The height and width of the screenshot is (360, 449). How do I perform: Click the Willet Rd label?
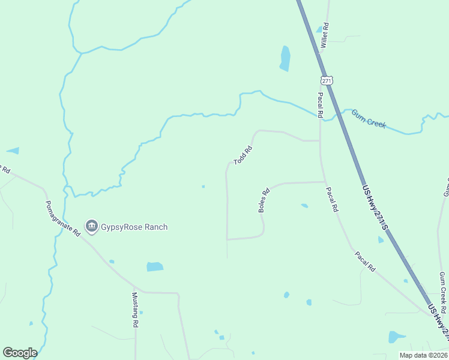(x=325, y=35)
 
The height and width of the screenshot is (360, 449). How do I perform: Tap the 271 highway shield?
(x=326, y=80)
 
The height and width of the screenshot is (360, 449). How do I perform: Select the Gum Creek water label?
(x=368, y=119)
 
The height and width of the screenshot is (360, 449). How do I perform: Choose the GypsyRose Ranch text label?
(x=134, y=227)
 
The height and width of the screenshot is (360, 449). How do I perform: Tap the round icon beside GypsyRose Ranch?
(x=91, y=226)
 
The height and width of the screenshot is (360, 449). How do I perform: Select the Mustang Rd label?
(x=136, y=310)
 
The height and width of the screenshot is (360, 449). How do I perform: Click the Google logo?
(x=20, y=353)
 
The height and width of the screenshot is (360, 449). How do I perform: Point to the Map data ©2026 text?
(x=423, y=355)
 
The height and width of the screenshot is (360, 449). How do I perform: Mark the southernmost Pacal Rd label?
(x=364, y=261)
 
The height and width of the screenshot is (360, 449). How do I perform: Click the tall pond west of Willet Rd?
(x=285, y=59)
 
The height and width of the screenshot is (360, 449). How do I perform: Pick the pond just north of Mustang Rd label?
(x=155, y=266)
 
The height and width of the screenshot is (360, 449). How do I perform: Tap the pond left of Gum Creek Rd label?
(x=397, y=337)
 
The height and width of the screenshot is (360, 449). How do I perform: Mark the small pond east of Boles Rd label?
(x=304, y=206)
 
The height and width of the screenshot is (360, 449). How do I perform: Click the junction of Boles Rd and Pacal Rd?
(x=325, y=181)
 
